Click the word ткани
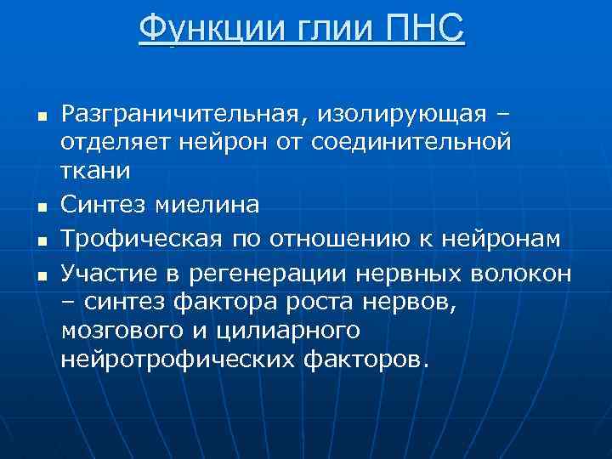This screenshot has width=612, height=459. (96, 171)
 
